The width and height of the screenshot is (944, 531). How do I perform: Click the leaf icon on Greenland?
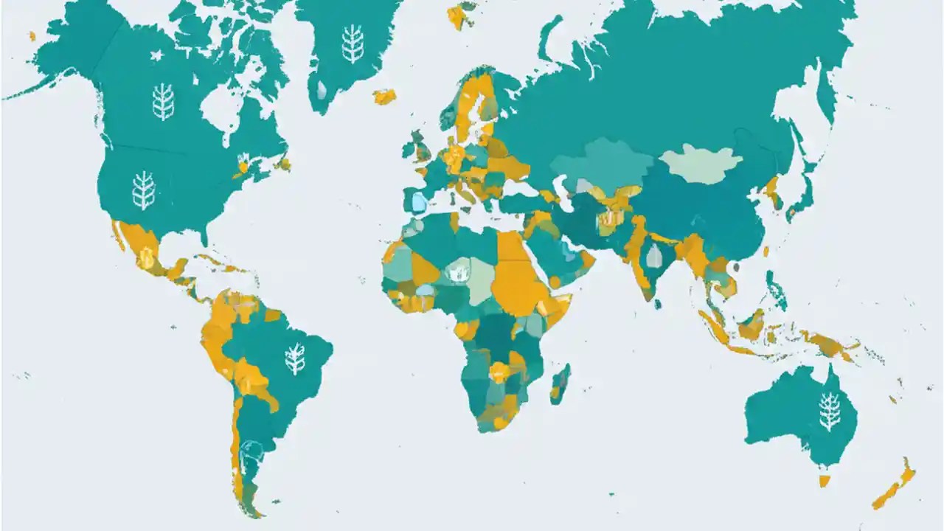coord(353,44)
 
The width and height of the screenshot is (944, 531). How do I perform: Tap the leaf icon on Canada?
coord(163,102)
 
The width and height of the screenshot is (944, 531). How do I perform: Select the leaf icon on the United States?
coord(144,190)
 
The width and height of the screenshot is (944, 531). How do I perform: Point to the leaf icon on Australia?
coord(830,411)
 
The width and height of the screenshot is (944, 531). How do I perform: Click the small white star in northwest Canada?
coord(156,55)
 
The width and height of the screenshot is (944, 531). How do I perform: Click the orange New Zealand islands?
coord(895,487)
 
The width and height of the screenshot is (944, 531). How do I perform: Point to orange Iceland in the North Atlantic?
coord(384,96)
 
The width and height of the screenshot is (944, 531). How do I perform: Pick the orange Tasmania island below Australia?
coord(825,481)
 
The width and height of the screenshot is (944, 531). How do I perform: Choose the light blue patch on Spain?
coord(419,201)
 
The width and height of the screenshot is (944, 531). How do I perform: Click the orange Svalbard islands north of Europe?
coord(459,15)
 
